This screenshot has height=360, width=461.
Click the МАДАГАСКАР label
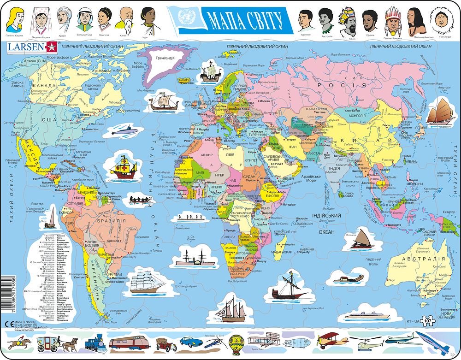pyautogui.click(x=281, y=252)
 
